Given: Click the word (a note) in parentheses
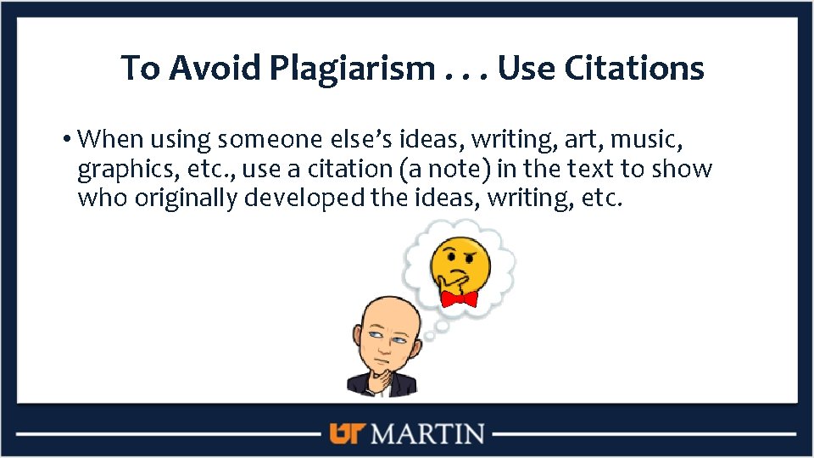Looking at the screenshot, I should pos(444,169).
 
